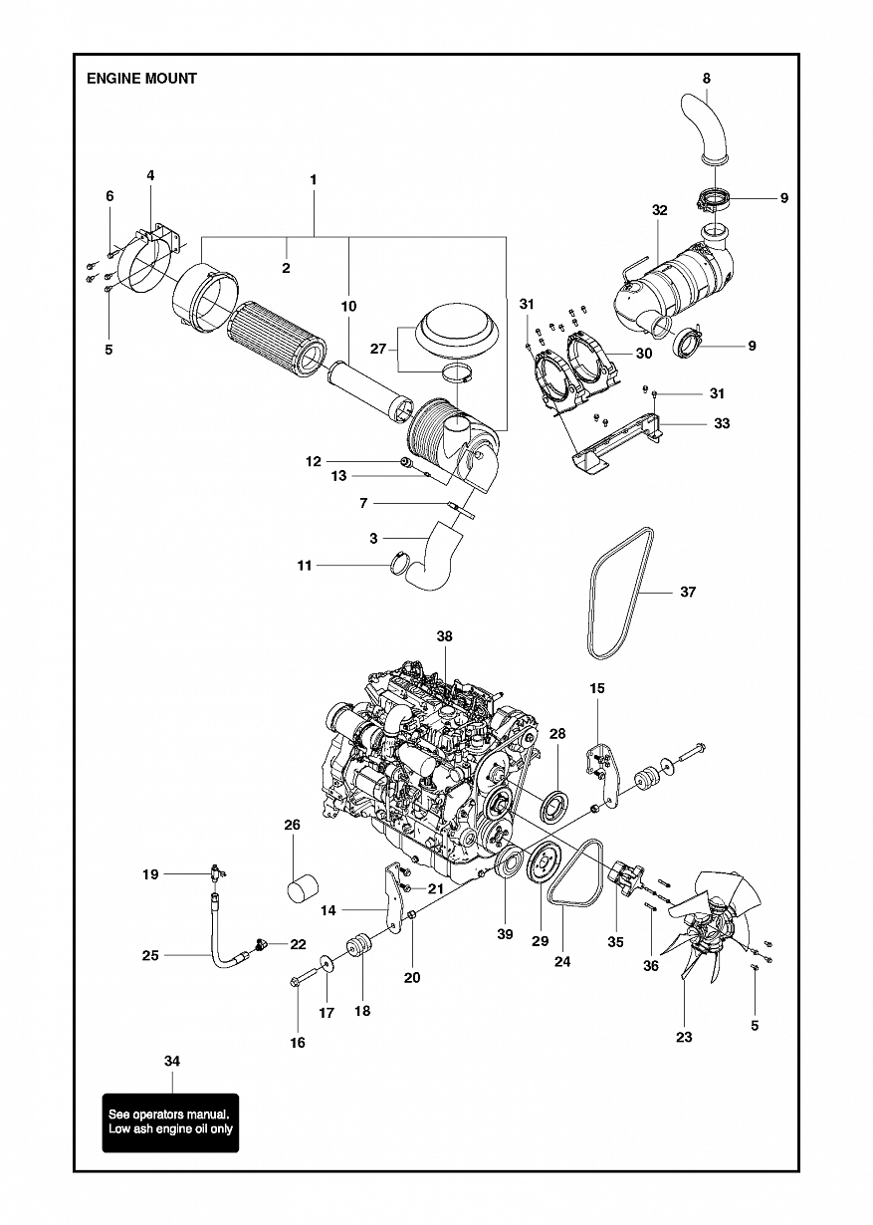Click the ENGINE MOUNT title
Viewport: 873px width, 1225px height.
141,79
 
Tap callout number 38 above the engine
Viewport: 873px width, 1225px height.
444,636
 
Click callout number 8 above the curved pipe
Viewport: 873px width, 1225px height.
707,79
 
